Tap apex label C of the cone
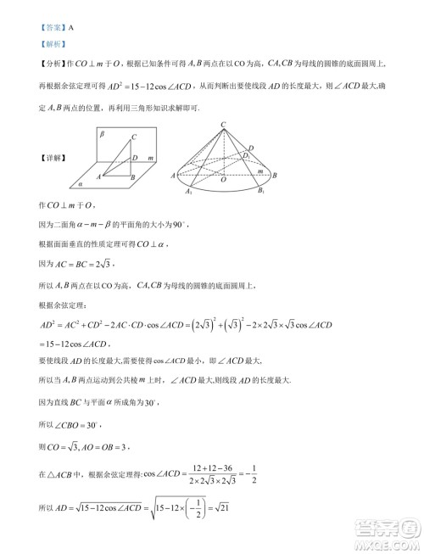coord(223,124)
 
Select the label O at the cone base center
coord(223,180)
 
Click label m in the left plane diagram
coord(149,158)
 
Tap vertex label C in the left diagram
coord(135,137)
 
